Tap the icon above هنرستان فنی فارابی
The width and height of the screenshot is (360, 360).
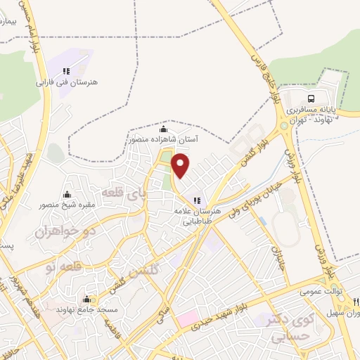point(66,71)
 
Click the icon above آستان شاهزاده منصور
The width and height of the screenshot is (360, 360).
point(164,129)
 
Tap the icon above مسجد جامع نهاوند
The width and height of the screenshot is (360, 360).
point(86,299)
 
